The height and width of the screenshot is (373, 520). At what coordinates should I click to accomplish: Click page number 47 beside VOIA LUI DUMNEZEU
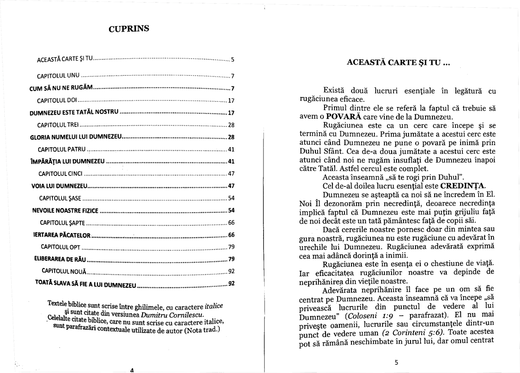(231, 186)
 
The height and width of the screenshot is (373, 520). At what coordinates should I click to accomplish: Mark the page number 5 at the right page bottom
(396, 362)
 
